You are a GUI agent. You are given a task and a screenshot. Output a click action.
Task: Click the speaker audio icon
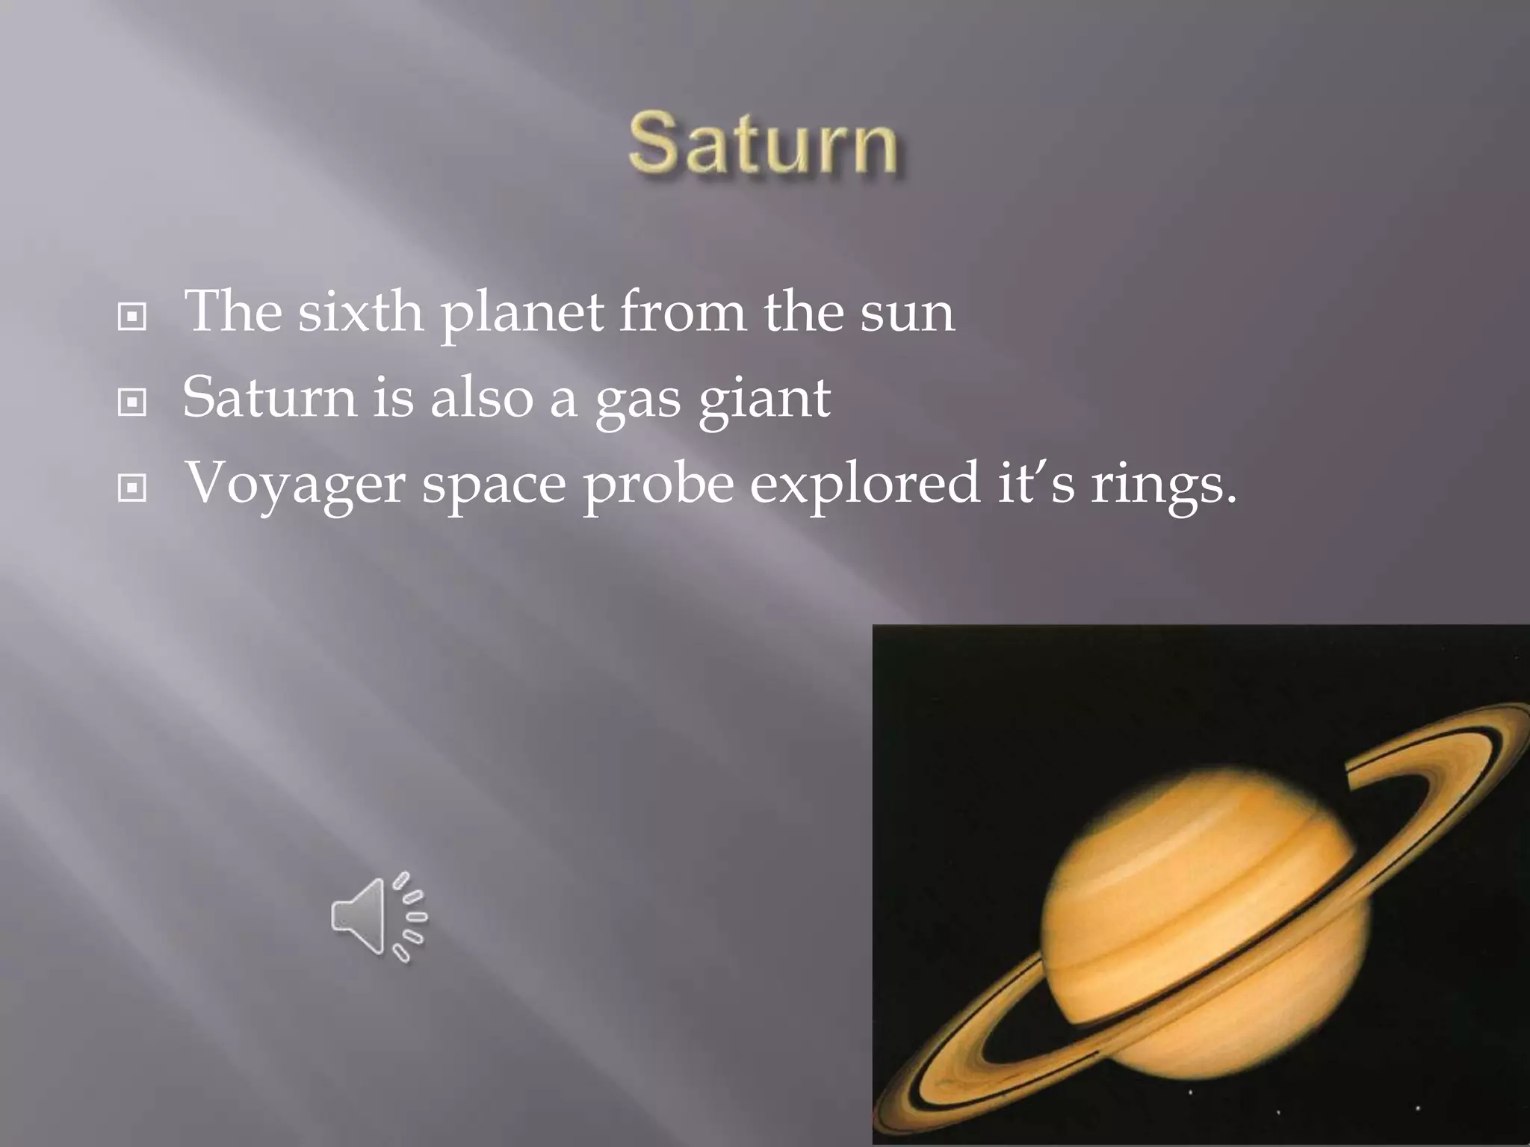click(379, 916)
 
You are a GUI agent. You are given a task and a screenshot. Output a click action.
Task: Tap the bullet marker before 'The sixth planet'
click(132, 317)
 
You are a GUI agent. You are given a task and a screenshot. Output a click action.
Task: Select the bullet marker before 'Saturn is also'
click(132, 403)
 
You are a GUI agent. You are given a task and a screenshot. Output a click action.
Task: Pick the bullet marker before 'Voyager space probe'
click(132, 489)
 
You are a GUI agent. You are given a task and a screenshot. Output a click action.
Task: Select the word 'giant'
click(764, 400)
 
